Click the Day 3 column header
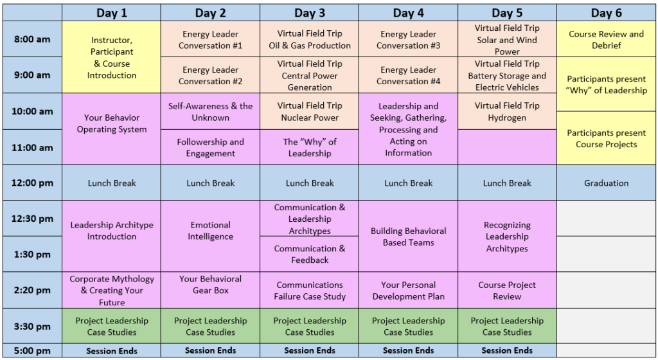[x=309, y=13]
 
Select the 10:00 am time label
[x=32, y=111]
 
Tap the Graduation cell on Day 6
[x=606, y=183]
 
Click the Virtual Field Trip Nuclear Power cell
[x=309, y=111]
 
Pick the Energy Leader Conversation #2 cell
[x=210, y=75]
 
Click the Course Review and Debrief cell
[x=606, y=39]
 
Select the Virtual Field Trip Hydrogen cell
[x=507, y=111]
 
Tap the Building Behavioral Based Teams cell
[x=408, y=236]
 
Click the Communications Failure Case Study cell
[x=309, y=290]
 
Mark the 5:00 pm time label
[x=32, y=350]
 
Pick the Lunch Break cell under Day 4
[x=408, y=183]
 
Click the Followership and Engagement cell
[x=210, y=147]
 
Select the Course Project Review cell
[x=507, y=290]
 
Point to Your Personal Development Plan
[x=408, y=290]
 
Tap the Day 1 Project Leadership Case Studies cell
[x=112, y=326]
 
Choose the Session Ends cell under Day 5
[x=507, y=350]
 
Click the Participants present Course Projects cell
[x=606, y=138]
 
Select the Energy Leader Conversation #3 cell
[x=408, y=39]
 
